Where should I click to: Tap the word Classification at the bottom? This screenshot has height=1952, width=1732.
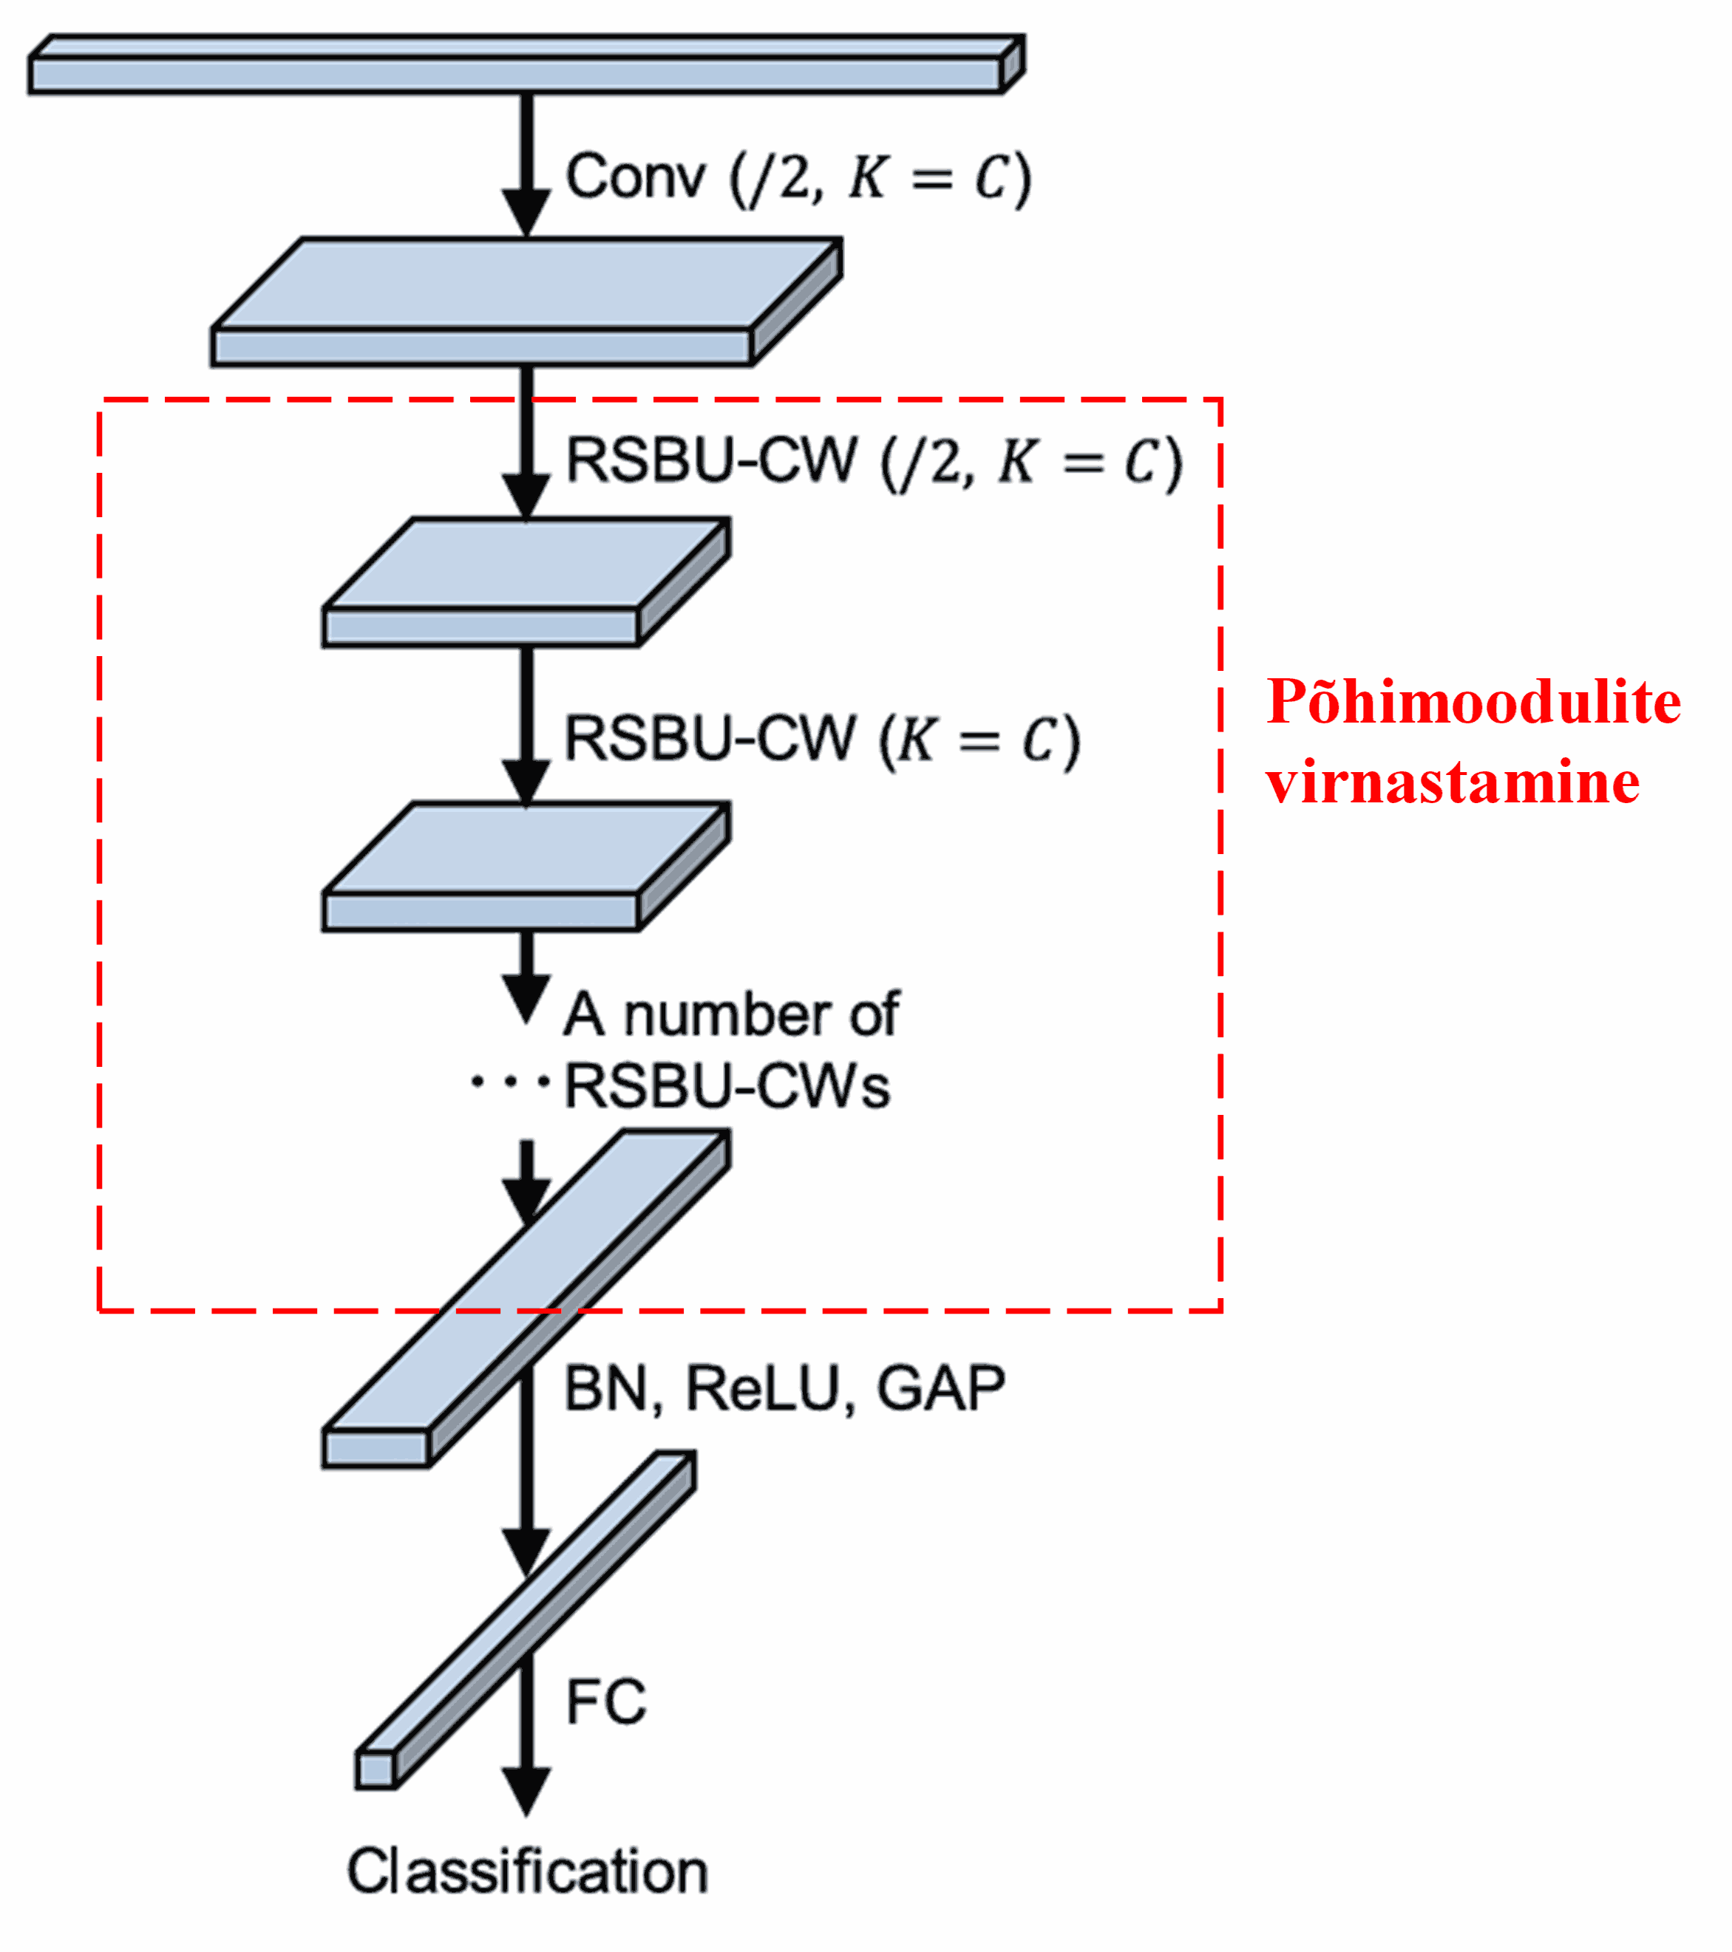click(527, 1871)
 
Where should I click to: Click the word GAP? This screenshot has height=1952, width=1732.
click(941, 1390)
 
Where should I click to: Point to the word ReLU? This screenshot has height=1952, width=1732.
click(764, 1390)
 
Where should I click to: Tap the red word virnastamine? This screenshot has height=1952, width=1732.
click(1452, 783)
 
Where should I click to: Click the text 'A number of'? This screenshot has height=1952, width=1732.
click(731, 1014)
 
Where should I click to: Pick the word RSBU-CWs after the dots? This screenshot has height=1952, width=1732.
click(727, 1087)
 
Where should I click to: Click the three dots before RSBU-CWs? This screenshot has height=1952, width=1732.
click(510, 1083)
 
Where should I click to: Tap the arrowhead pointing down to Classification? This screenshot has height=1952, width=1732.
click(526, 1791)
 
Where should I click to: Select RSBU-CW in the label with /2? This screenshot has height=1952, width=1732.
click(712, 461)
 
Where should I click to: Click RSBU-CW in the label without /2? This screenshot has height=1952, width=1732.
click(709, 738)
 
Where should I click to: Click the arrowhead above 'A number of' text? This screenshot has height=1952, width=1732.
click(526, 998)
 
